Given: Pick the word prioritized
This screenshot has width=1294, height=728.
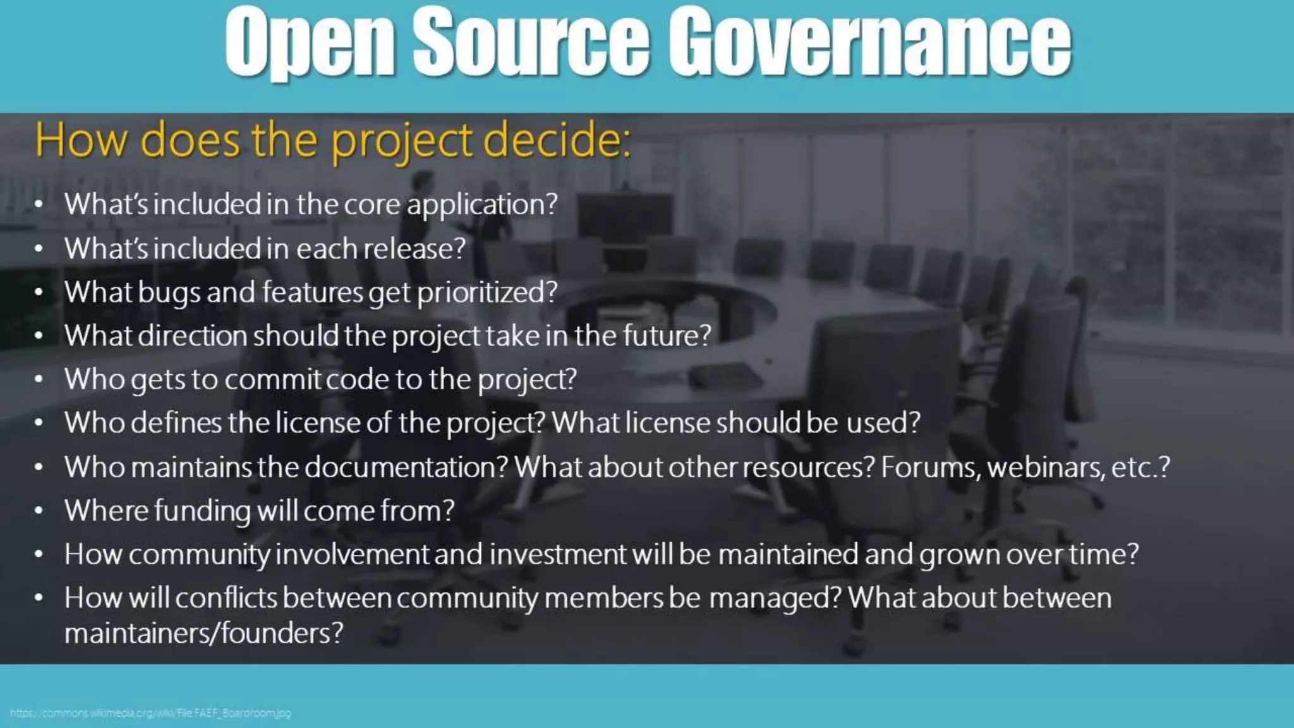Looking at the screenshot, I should (x=487, y=293).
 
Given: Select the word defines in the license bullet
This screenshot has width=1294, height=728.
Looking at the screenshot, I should (x=176, y=423).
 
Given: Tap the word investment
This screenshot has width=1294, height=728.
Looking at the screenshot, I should (x=558, y=555).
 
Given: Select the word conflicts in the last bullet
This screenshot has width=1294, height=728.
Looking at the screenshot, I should (x=226, y=598).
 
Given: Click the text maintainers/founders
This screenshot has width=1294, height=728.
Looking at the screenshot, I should (x=203, y=633).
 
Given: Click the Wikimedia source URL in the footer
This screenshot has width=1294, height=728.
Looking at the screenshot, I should (x=150, y=713).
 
